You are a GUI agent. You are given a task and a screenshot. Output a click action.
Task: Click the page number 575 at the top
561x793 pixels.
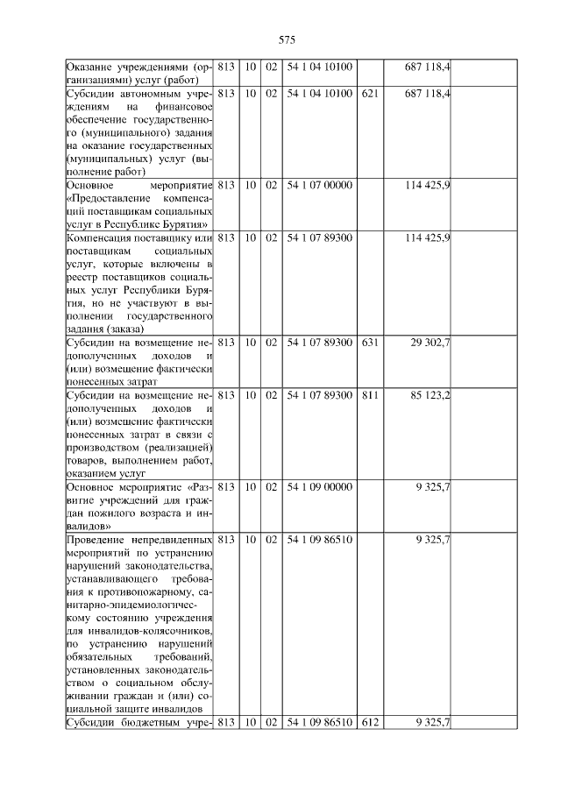point(286,40)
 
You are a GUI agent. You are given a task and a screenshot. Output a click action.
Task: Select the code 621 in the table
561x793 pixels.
point(369,92)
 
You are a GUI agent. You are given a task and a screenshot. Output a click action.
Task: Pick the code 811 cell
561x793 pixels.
point(369,395)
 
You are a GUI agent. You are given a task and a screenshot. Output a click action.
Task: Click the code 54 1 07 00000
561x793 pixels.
point(319,186)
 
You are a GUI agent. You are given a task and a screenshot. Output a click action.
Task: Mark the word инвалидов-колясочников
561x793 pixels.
point(146,631)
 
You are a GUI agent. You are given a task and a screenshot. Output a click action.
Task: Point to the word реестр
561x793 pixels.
point(83,277)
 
